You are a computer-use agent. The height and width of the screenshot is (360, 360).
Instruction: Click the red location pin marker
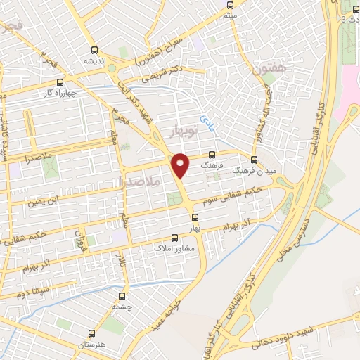pyautogui.click(x=181, y=164)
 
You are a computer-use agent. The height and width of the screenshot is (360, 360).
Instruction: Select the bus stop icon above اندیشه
pyautogui.click(x=94, y=50)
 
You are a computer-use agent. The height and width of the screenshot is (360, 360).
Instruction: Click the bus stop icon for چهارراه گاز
pyautogui.click(x=60, y=82)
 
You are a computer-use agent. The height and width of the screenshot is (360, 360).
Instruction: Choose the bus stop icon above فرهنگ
pyautogui.click(x=212, y=155)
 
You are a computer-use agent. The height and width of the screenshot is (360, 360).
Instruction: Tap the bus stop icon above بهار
pyautogui.click(x=194, y=217)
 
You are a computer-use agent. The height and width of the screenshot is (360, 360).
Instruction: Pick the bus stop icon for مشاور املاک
pyautogui.click(x=175, y=238)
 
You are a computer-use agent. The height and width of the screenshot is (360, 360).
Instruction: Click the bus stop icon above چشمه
pyautogui.click(x=122, y=297)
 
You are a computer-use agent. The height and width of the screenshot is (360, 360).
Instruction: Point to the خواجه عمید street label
pyautogui.click(x=162, y=316)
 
